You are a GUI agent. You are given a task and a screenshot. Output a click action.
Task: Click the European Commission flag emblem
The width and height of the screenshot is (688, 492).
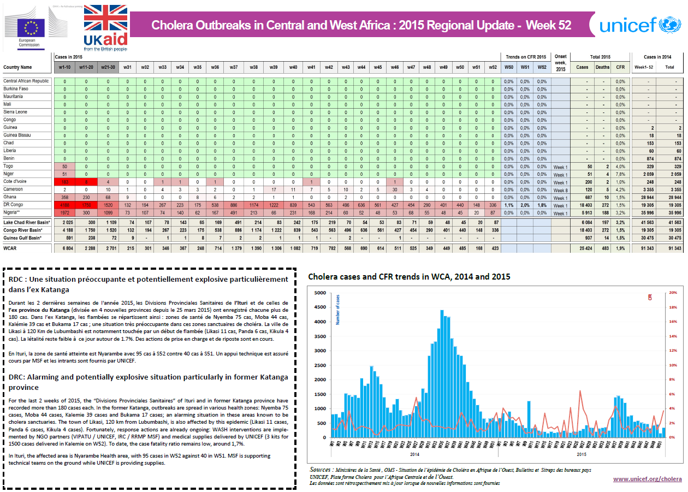[31, 26]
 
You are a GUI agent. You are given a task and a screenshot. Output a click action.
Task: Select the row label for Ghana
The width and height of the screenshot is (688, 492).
[10, 197]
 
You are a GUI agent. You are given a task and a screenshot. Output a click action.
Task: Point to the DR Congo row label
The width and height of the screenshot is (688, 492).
[13, 205]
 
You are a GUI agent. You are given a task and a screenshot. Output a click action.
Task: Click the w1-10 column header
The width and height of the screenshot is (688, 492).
[64, 68]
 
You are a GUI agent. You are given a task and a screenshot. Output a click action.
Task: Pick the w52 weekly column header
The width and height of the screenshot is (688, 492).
[493, 68]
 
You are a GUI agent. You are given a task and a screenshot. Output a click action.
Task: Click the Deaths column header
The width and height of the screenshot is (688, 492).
[602, 68]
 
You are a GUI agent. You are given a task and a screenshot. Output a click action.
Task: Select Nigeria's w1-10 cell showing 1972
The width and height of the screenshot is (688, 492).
[64, 213]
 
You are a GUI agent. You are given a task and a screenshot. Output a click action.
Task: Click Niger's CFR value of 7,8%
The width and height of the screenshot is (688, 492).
[620, 174]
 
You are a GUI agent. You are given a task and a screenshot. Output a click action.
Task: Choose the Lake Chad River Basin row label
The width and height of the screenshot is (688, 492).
[27, 223]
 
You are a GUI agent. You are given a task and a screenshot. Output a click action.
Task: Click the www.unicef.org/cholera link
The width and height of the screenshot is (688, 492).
[647, 479]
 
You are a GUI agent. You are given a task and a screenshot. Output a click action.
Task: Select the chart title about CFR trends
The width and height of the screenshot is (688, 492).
[409, 276]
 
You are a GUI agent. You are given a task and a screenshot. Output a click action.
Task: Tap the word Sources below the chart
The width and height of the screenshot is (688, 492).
[320, 470]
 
